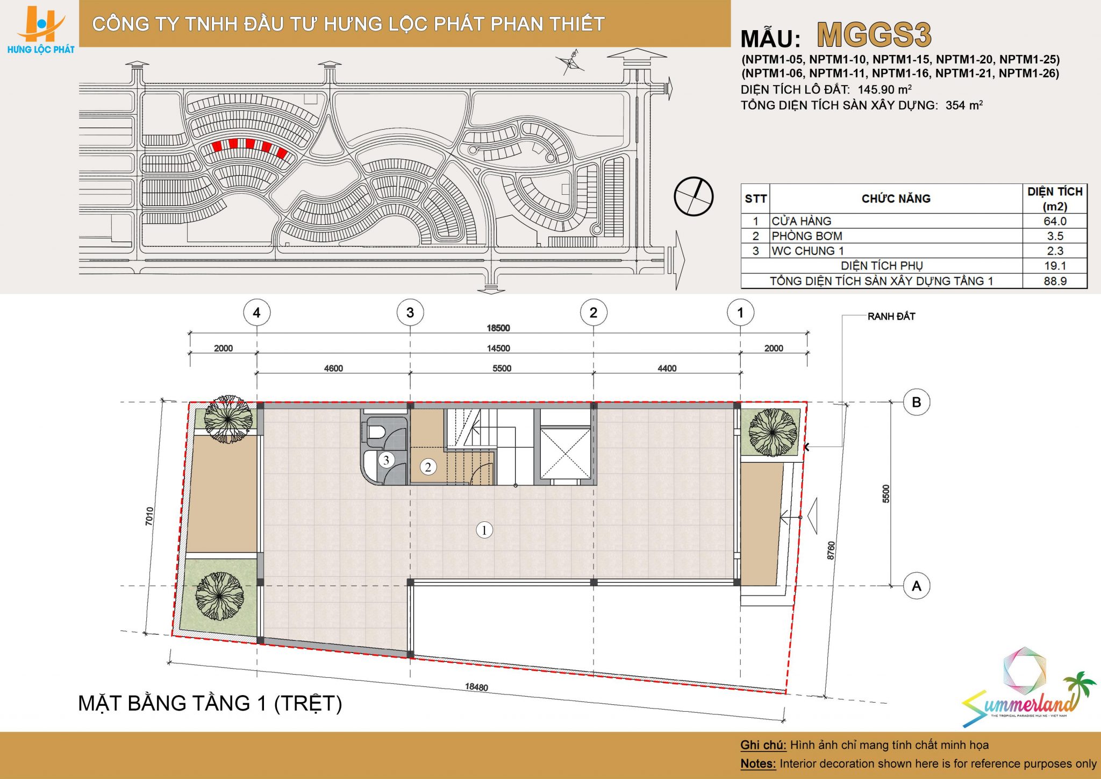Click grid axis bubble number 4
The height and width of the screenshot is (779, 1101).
[256, 313]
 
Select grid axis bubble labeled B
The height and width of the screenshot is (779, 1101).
[917, 402]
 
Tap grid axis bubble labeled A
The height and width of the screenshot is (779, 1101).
[917, 585]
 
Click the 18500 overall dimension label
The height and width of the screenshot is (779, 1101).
[498, 328]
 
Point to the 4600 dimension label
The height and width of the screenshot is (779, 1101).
[333, 368]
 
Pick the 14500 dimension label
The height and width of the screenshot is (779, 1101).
[498, 348]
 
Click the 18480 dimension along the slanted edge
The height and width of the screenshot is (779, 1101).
[476, 687]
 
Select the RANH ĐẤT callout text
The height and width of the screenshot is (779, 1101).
[891, 316]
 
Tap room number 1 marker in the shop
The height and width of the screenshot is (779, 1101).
[484, 530]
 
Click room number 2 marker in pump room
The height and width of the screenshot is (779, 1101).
[428, 467]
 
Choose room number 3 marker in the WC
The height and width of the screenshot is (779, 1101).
[386, 460]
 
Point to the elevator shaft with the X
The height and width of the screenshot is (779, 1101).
[564, 453]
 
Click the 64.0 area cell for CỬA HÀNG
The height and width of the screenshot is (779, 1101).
[1055, 221]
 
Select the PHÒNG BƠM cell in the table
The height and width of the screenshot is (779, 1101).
[807, 236]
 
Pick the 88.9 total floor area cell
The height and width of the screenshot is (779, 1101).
[1055, 281]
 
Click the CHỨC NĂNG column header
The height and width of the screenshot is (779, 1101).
[896, 199]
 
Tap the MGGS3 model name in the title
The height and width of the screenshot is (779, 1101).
[874, 36]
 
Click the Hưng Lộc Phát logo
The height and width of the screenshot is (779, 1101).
[41, 30]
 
